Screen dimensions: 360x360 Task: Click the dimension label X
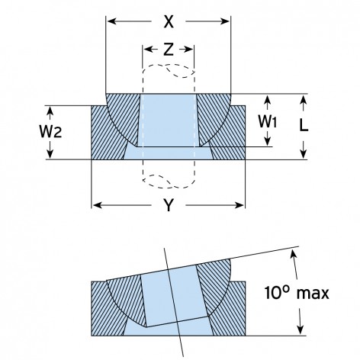tap(169, 21)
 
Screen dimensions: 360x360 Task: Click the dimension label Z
tap(169, 50)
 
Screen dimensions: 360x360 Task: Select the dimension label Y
tap(169, 205)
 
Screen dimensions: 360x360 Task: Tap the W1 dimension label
tap(267, 121)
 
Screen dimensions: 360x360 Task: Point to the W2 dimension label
tap(50, 131)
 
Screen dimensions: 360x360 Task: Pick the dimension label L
tap(304, 125)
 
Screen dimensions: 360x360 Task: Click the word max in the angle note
tap(313, 293)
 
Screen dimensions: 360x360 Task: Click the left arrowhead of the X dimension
tap(112, 21)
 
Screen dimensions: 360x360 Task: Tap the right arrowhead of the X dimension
tap(225, 21)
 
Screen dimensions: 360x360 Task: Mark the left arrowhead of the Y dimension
tap(98, 205)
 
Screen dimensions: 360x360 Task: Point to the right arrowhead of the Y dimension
tap(239, 205)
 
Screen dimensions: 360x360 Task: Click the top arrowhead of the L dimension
tap(303, 100)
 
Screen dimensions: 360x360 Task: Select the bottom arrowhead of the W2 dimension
tap(50, 153)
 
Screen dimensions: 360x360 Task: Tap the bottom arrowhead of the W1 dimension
tap(267, 141)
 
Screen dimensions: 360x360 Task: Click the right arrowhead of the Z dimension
tap(188, 50)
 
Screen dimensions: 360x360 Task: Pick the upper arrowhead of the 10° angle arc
tap(293, 255)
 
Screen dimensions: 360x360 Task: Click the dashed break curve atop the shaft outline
tap(169, 70)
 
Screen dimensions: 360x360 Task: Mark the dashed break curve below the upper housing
tap(169, 181)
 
